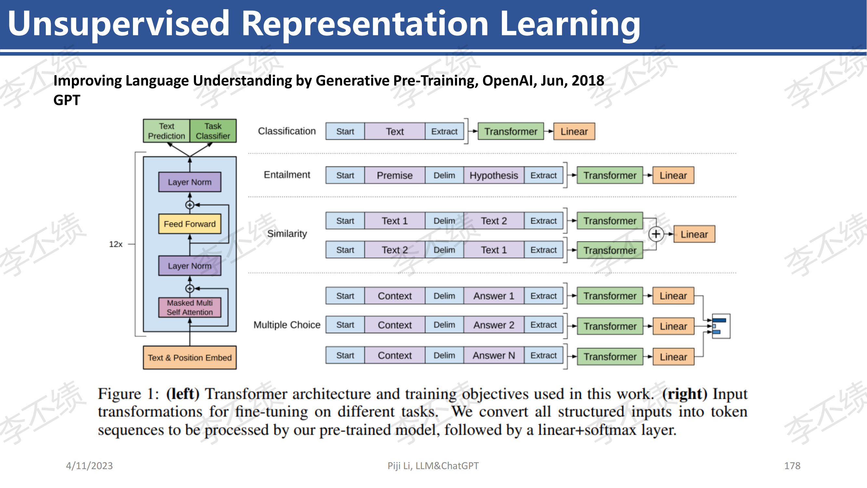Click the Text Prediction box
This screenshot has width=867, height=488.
(166, 131)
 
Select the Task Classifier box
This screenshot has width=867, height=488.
(213, 131)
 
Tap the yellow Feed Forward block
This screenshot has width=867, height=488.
(190, 224)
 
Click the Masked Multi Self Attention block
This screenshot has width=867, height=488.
(190, 307)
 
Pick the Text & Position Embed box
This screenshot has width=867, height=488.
(190, 358)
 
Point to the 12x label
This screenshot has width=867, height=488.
(116, 244)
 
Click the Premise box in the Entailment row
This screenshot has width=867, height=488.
(394, 175)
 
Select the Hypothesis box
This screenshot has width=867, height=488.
(494, 175)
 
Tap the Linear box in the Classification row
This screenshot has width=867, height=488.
(574, 131)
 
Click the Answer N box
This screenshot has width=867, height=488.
(494, 355)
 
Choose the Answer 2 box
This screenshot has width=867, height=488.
(494, 325)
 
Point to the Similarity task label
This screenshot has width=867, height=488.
(287, 234)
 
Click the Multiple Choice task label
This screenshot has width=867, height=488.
(287, 325)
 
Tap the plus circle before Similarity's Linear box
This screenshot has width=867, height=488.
(656, 234)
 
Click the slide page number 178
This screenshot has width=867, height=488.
(792, 466)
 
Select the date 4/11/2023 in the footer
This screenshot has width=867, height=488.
(89, 466)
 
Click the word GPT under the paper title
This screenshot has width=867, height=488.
(67, 100)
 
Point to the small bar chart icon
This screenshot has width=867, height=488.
(721, 326)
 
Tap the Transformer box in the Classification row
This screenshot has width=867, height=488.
(511, 131)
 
